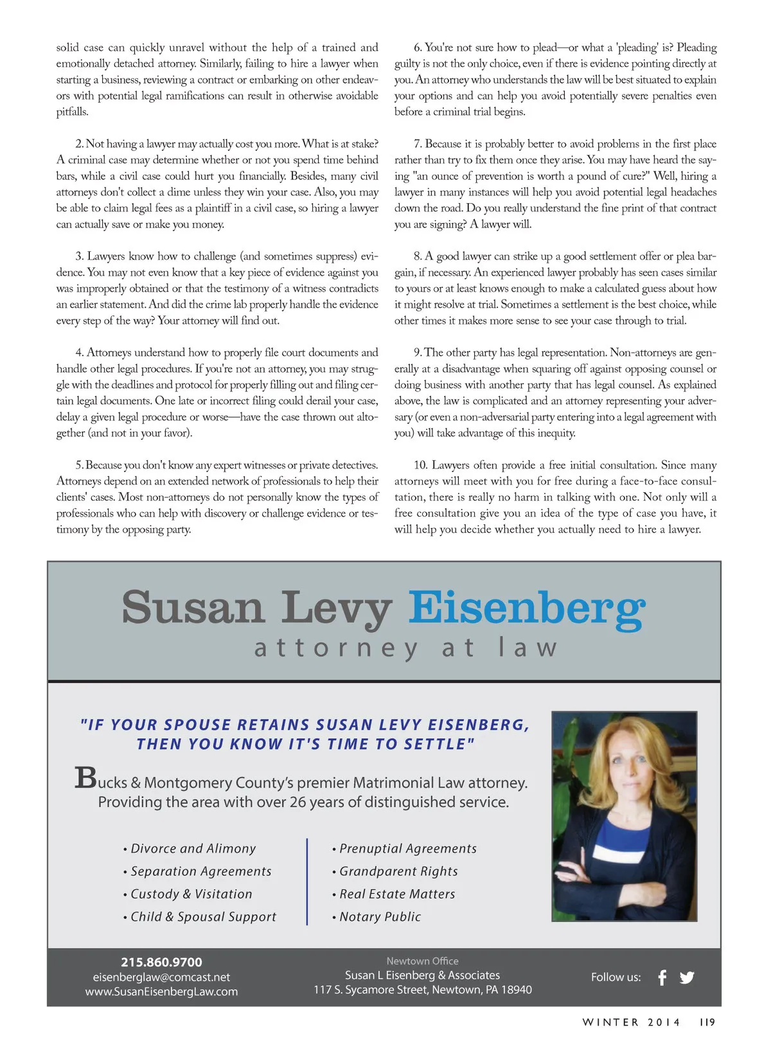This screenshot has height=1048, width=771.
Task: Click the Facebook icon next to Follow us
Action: coord(662,977)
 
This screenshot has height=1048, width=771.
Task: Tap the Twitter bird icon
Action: coord(687,977)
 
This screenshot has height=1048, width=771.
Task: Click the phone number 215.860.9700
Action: coord(161,962)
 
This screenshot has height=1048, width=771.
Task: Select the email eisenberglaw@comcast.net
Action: coord(161,977)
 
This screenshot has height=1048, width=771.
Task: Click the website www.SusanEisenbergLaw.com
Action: coord(161,991)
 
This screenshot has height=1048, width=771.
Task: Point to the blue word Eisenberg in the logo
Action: coord(527,608)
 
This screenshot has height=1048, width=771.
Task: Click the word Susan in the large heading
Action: coord(193,607)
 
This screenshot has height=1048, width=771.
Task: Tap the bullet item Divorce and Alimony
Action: coord(193,849)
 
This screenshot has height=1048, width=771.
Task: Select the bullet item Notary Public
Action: coord(380,917)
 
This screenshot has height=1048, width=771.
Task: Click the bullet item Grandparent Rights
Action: coord(398,871)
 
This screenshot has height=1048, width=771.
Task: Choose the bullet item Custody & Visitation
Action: coord(191,894)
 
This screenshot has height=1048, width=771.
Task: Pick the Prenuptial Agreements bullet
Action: coord(408,849)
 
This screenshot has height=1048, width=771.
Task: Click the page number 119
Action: coord(707,1022)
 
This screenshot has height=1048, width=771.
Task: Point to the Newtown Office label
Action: coord(422,961)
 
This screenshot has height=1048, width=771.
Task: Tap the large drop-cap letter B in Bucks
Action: coord(85,777)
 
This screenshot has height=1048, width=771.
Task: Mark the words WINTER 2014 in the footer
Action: coord(631,1022)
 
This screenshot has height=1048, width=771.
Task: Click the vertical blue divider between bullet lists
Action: coord(307,882)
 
